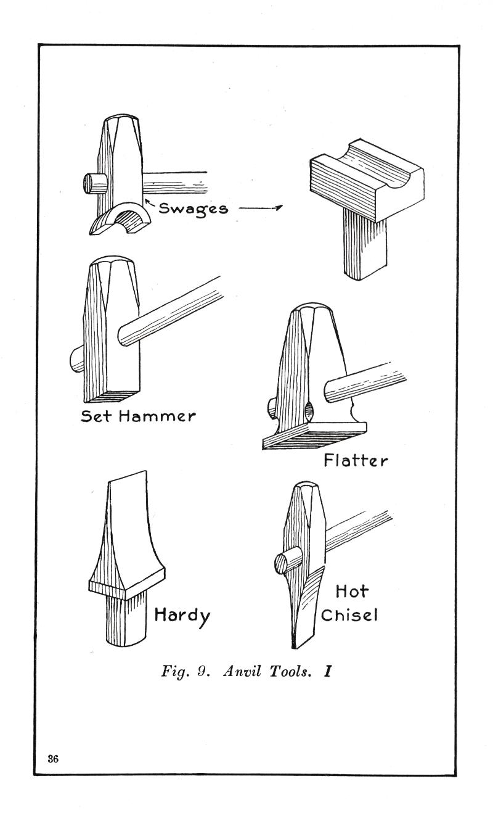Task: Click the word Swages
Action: [x=193, y=209]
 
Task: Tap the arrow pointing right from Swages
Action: [x=259, y=208]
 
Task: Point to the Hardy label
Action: [x=181, y=615]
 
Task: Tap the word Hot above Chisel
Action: [x=352, y=591]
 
